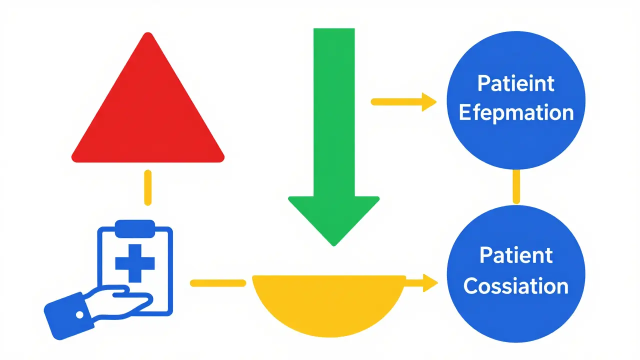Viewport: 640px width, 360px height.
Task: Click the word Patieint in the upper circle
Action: click(516, 83)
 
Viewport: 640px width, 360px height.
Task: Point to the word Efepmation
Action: click(516, 112)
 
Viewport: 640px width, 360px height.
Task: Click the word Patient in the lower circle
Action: click(516, 255)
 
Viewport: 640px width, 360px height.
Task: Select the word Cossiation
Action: click(516, 286)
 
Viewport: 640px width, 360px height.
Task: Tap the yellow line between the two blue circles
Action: click(516, 186)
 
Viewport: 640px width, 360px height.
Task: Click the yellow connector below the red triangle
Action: click(147, 187)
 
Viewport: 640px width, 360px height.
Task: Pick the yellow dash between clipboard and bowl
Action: click(218, 283)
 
